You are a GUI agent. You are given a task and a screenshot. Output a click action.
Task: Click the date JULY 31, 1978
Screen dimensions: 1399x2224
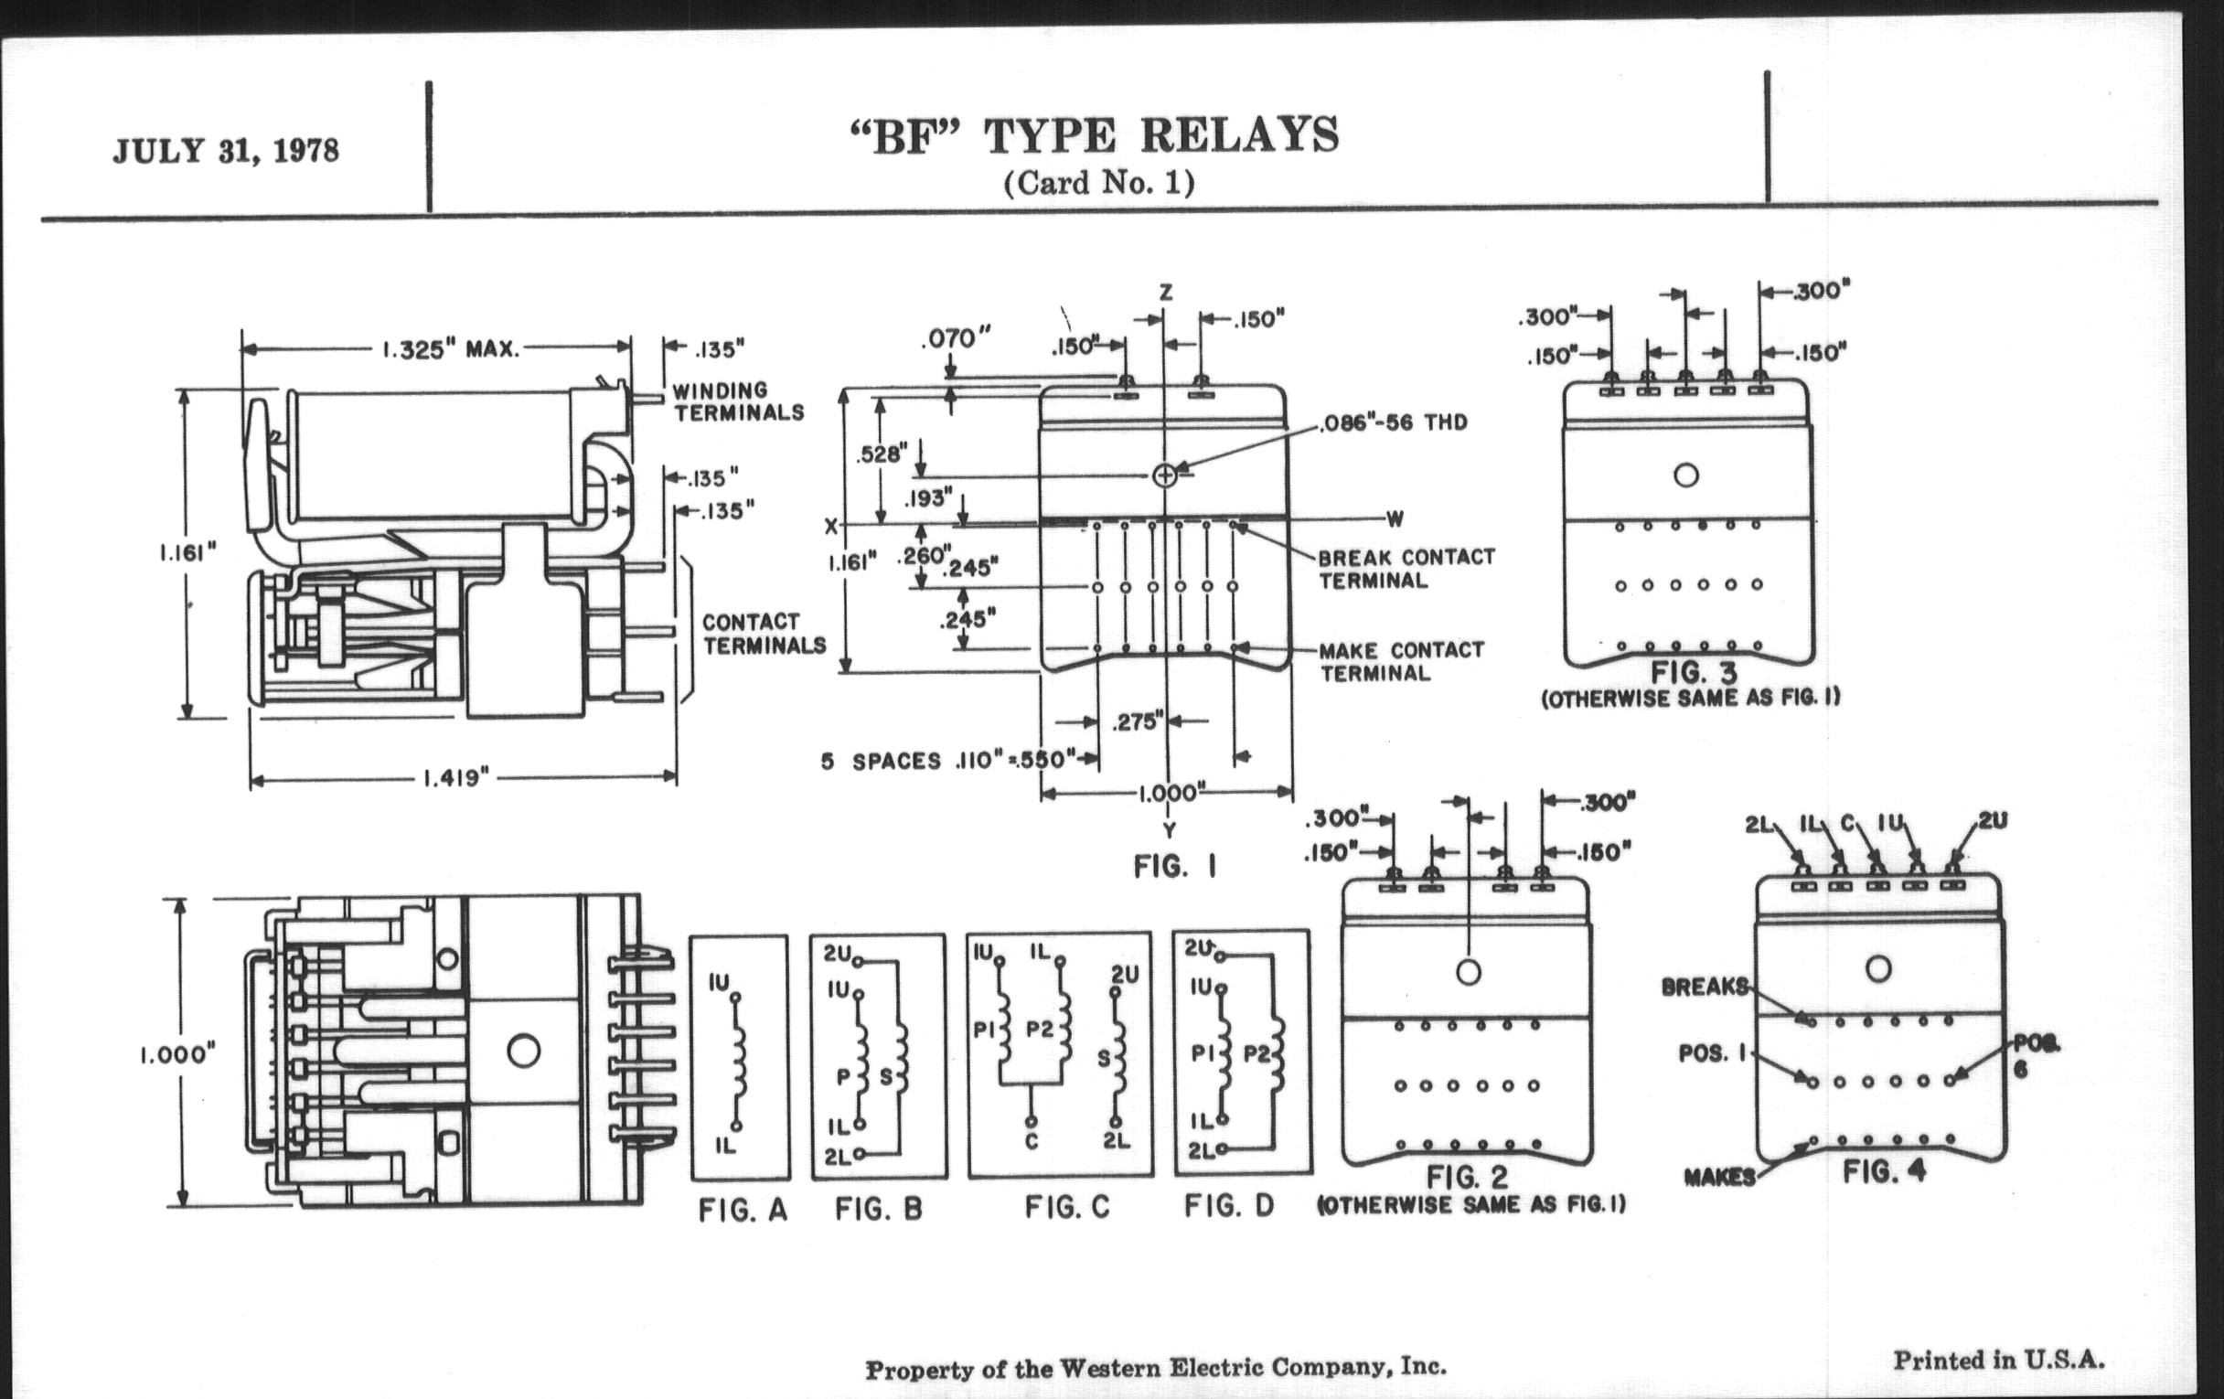click(226, 151)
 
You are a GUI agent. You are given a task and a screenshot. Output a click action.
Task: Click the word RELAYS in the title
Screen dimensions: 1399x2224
click(1239, 136)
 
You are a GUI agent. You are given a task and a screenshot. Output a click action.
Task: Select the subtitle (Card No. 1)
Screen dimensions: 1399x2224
click(1099, 183)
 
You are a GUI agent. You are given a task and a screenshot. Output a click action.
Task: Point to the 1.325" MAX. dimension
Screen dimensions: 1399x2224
click(452, 350)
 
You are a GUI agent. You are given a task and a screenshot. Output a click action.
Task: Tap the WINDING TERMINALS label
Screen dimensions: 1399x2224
click(738, 401)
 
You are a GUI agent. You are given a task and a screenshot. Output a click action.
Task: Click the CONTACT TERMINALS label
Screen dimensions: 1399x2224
click(764, 634)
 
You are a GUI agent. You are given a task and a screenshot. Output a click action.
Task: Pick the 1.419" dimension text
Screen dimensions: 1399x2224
click(455, 778)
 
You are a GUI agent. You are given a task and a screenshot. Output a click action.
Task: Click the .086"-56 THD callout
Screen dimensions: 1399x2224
click(1394, 423)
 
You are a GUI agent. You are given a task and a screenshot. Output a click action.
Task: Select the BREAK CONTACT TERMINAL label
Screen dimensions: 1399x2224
click(1406, 569)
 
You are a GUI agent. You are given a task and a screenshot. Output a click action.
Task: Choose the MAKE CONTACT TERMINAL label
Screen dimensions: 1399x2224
click(1401, 661)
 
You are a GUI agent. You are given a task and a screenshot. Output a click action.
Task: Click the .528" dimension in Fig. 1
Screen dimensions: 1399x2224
click(882, 454)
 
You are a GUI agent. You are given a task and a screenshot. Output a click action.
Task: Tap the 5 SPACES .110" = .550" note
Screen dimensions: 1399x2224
click(947, 761)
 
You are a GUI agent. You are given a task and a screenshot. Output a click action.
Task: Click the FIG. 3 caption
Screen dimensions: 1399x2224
click(1693, 673)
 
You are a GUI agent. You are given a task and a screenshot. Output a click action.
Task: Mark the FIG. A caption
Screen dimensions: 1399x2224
click(743, 1210)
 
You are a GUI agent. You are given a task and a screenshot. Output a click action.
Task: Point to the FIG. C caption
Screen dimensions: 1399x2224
click(1067, 1208)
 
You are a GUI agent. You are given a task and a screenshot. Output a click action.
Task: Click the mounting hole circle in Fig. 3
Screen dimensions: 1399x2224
click(1685, 475)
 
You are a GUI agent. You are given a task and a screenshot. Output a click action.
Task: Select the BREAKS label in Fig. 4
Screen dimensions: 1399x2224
click(1704, 988)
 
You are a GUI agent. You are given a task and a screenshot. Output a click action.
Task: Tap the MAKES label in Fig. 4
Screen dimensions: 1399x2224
click(1719, 1178)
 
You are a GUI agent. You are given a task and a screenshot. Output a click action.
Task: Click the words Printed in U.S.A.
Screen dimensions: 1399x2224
click(1999, 1360)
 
